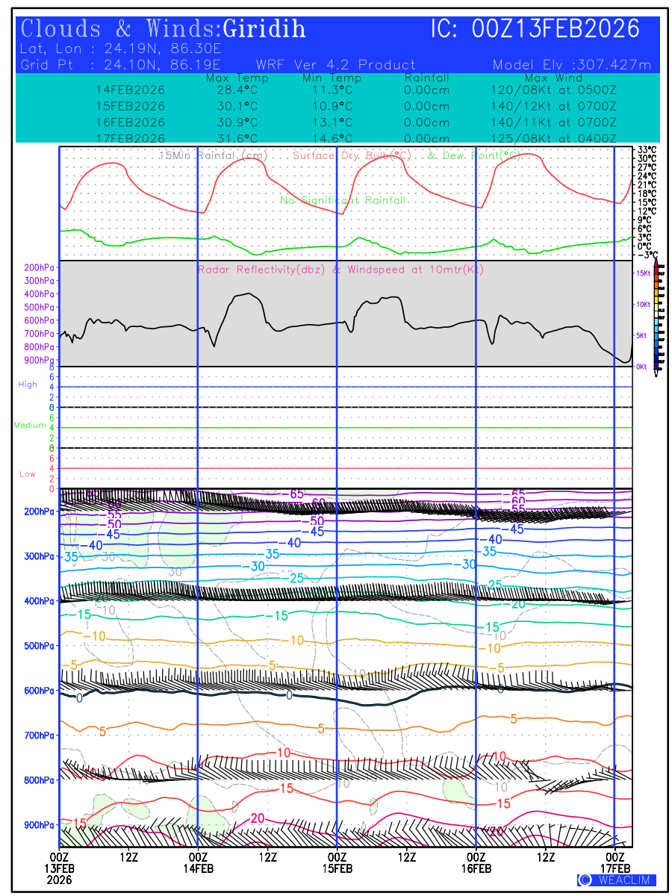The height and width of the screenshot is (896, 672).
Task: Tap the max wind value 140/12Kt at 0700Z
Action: [550, 106]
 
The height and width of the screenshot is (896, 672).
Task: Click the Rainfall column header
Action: [426, 78]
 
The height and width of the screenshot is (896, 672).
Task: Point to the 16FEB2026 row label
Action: [131, 122]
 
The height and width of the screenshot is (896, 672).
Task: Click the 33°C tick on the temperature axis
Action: [647, 149]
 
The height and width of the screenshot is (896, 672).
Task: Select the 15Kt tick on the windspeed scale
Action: [643, 273]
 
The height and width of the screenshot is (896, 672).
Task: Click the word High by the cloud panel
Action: [28, 385]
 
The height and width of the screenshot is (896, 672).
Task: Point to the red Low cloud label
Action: [28, 474]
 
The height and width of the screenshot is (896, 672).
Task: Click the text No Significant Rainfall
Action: [343, 200]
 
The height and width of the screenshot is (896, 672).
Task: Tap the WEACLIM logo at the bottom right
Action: [617, 880]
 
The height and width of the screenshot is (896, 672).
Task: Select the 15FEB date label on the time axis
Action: [337, 868]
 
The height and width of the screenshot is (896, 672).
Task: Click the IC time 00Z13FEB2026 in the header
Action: [556, 29]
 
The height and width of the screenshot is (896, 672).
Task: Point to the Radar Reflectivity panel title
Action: [340, 270]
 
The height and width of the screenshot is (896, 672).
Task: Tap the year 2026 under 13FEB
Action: [59, 880]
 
